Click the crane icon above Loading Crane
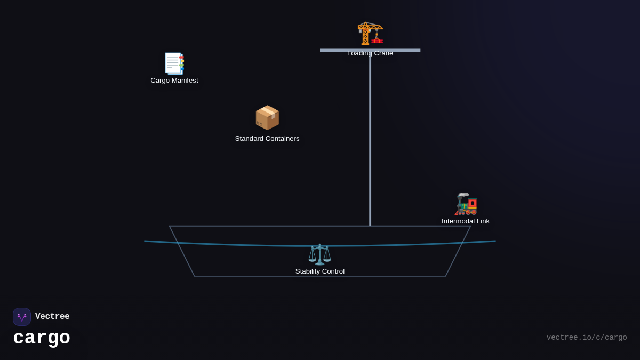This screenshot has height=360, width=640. click(370, 33)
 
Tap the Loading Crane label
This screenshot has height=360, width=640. click(370, 53)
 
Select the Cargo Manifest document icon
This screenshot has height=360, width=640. click(174, 63)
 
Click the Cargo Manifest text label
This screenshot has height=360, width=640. click(174, 81)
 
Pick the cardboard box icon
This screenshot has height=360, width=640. click(267, 117)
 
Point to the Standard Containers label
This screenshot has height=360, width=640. click(267, 139)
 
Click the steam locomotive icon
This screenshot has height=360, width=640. click(466, 204)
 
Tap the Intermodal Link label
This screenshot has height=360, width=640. click(466, 221)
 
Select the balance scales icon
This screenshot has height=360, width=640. click(320, 254)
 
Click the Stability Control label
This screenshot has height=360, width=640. click(320, 271)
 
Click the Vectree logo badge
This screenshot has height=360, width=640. click(22, 317)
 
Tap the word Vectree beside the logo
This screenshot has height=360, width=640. click(52, 317)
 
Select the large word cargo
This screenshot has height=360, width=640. click(42, 338)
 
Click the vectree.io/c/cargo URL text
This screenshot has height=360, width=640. click(587, 338)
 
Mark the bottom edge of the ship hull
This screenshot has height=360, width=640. click(320, 276)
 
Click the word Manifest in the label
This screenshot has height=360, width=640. click(185, 81)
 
